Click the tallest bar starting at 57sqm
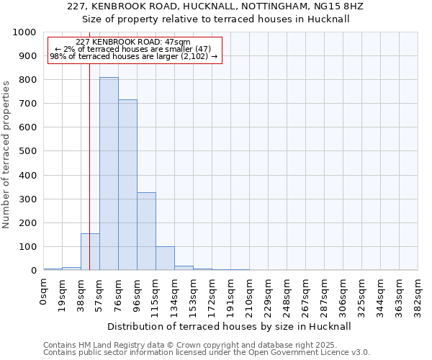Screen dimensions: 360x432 click(x=109, y=174)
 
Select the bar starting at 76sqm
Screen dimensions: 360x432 click(x=127, y=185)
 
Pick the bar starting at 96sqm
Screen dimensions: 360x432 click(x=146, y=231)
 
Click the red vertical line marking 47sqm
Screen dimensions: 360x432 click(x=89, y=166)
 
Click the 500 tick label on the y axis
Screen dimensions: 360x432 click(x=28, y=152)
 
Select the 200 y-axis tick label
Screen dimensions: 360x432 click(x=28, y=223)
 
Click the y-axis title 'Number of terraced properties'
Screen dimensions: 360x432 click(x=7, y=154)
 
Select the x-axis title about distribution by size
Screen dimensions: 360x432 click(x=230, y=326)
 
